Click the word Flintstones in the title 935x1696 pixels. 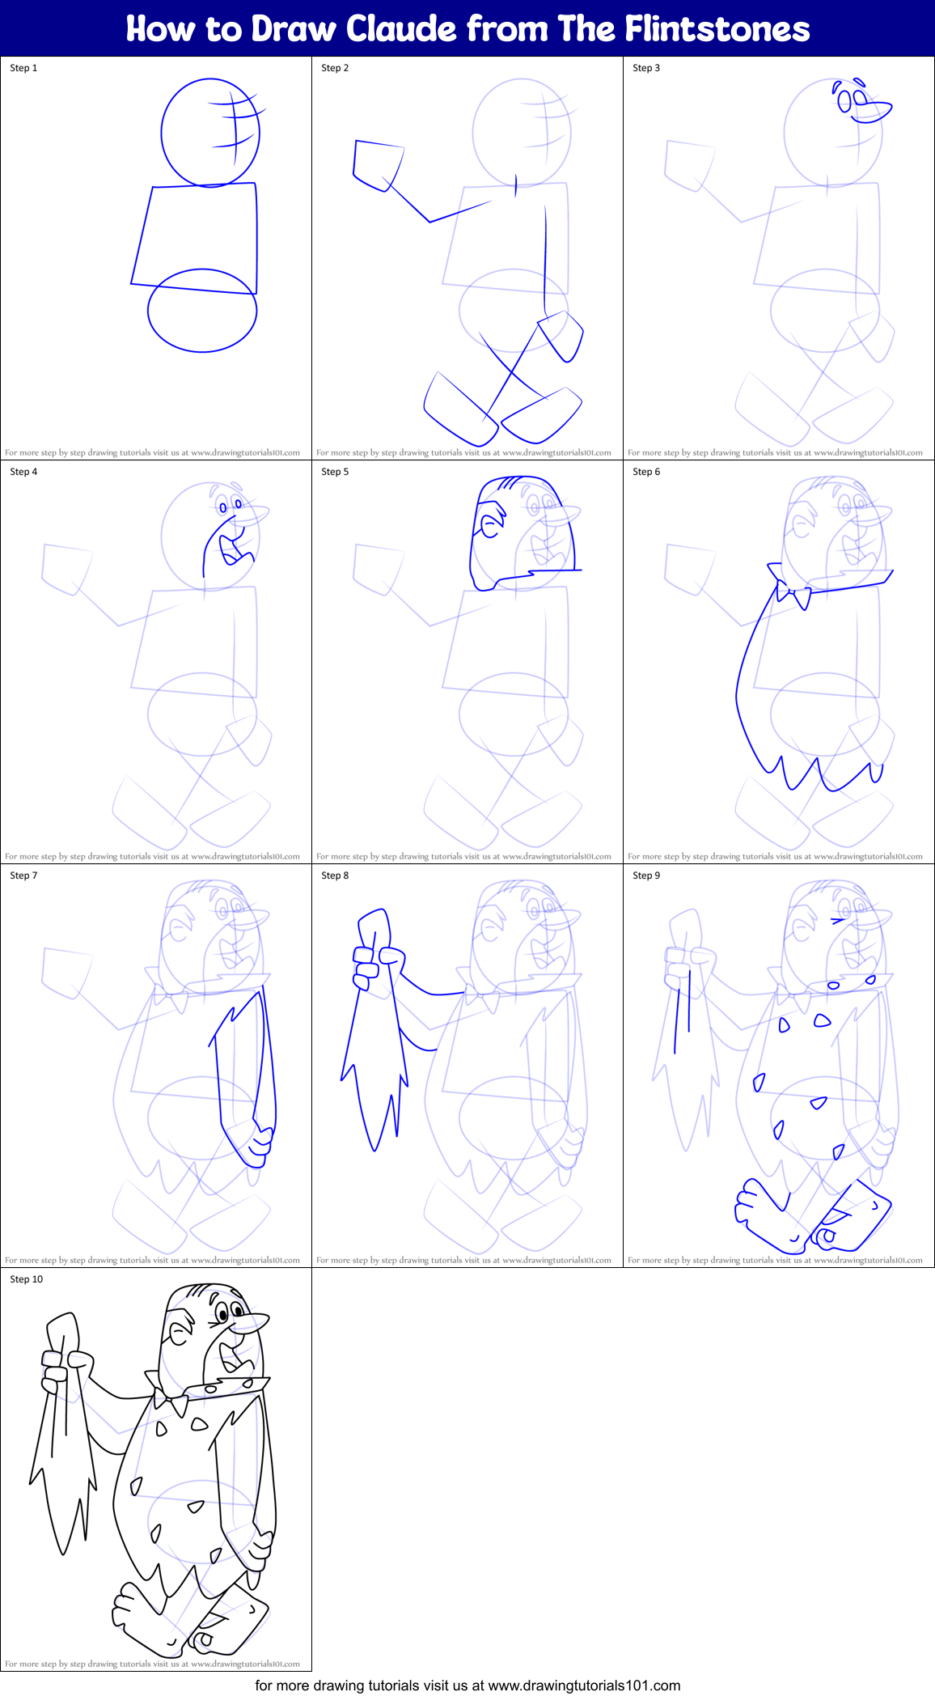(x=717, y=29)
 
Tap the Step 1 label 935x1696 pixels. (x=23, y=68)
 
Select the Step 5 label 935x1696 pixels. (x=335, y=472)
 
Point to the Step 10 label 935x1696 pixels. (x=27, y=1279)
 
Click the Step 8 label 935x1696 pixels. (x=335, y=876)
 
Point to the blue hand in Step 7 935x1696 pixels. (x=260, y=1142)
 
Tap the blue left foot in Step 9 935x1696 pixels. (x=764, y=1214)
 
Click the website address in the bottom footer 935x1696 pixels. (x=584, y=1685)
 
